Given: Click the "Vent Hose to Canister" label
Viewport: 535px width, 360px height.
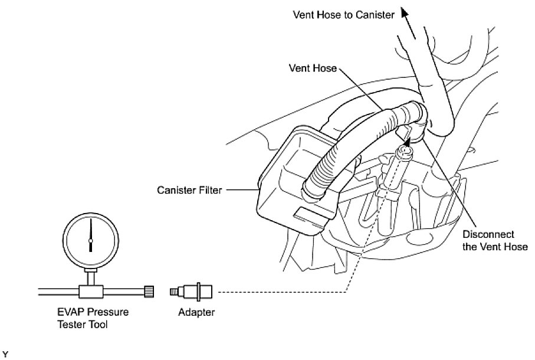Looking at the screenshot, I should coord(343,15).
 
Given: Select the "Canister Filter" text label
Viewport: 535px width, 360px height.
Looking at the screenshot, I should coord(189,190).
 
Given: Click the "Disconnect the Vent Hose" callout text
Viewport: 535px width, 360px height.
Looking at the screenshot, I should coord(497,241).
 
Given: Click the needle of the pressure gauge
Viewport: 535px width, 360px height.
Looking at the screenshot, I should coord(90,233).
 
